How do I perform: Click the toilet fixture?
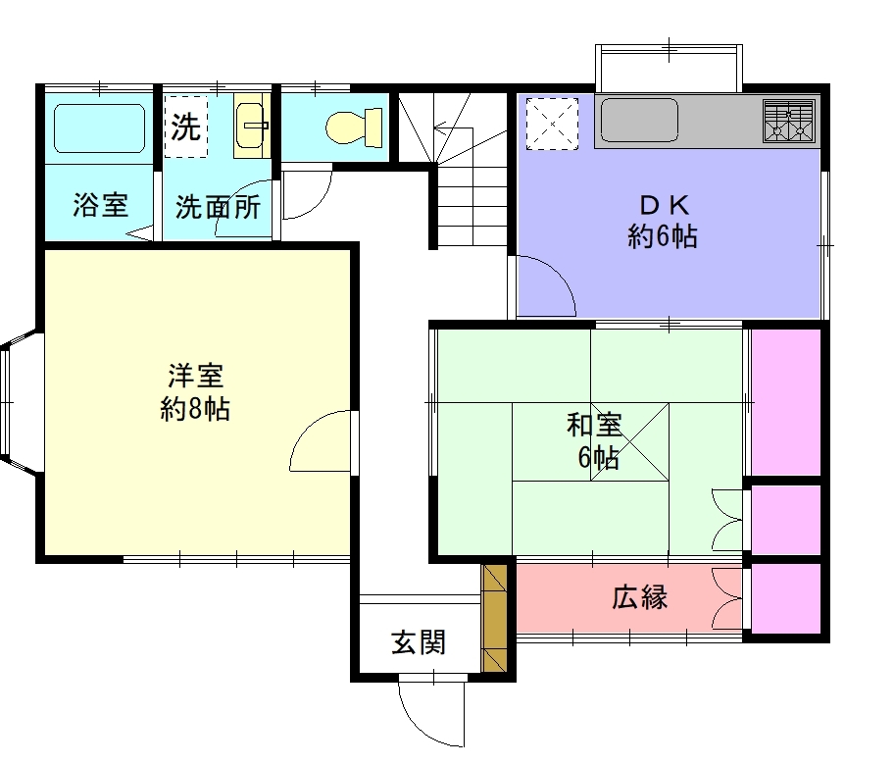click(x=354, y=127)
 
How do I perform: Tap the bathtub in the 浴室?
click(x=99, y=128)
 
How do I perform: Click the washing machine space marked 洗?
click(x=186, y=127)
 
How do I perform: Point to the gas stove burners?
click(x=788, y=121)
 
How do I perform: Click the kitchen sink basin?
click(x=638, y=121)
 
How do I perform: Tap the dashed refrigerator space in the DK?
click(x=552, y=124)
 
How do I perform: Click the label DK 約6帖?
click(x=663, y=221)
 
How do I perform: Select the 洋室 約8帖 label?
click(x=195, y=392)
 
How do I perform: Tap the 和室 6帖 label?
click(x=594, y=441)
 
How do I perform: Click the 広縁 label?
click(x=640, y=597)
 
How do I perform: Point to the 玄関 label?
click(x=418, y=643)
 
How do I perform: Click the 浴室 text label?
click(x=100, y=205)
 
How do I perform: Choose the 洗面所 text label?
click(x=218, y=207)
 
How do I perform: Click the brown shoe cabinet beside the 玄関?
click(x=494, y=618)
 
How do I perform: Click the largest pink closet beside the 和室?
click(x=785, y=403)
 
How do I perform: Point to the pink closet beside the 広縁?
click(x=785, y=598)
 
